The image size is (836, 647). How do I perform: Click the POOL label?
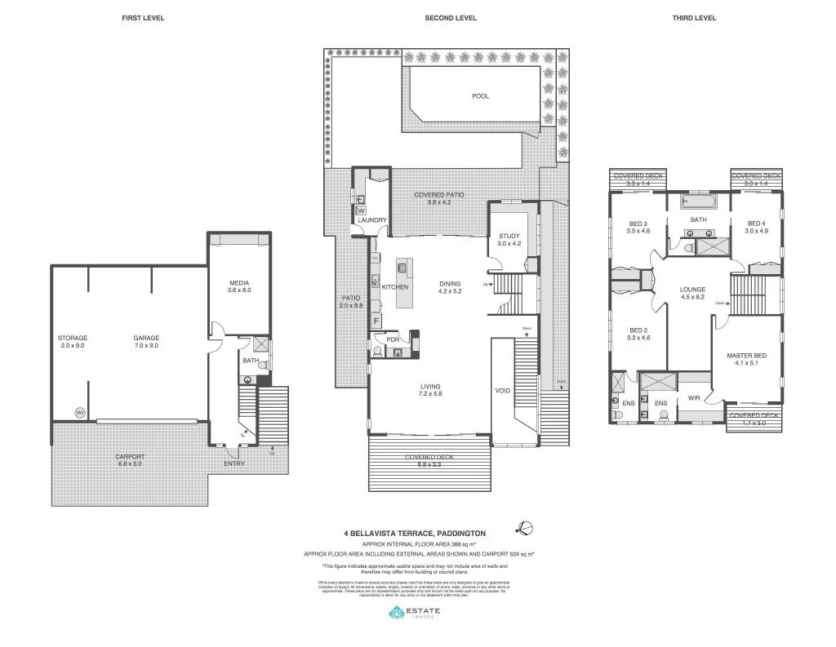480,96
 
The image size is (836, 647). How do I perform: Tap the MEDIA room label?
239,283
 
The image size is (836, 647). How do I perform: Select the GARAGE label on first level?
147,338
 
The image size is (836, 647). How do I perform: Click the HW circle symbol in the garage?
80,413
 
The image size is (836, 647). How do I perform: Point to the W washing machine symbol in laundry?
360,210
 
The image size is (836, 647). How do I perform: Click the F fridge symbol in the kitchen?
376,321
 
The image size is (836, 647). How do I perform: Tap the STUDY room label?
509,236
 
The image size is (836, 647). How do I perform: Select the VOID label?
503,391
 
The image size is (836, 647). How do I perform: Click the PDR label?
393,339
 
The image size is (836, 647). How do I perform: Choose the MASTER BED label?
747,356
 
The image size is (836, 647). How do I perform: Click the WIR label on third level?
695,398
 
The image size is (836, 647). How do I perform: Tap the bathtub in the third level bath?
699,201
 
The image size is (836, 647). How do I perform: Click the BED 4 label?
756,224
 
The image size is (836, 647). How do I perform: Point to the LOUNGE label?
692,289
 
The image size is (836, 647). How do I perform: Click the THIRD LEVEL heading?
694,18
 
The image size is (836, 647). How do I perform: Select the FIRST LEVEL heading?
143,18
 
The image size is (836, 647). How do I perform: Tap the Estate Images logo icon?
396,613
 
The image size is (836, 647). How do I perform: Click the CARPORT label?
130,457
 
